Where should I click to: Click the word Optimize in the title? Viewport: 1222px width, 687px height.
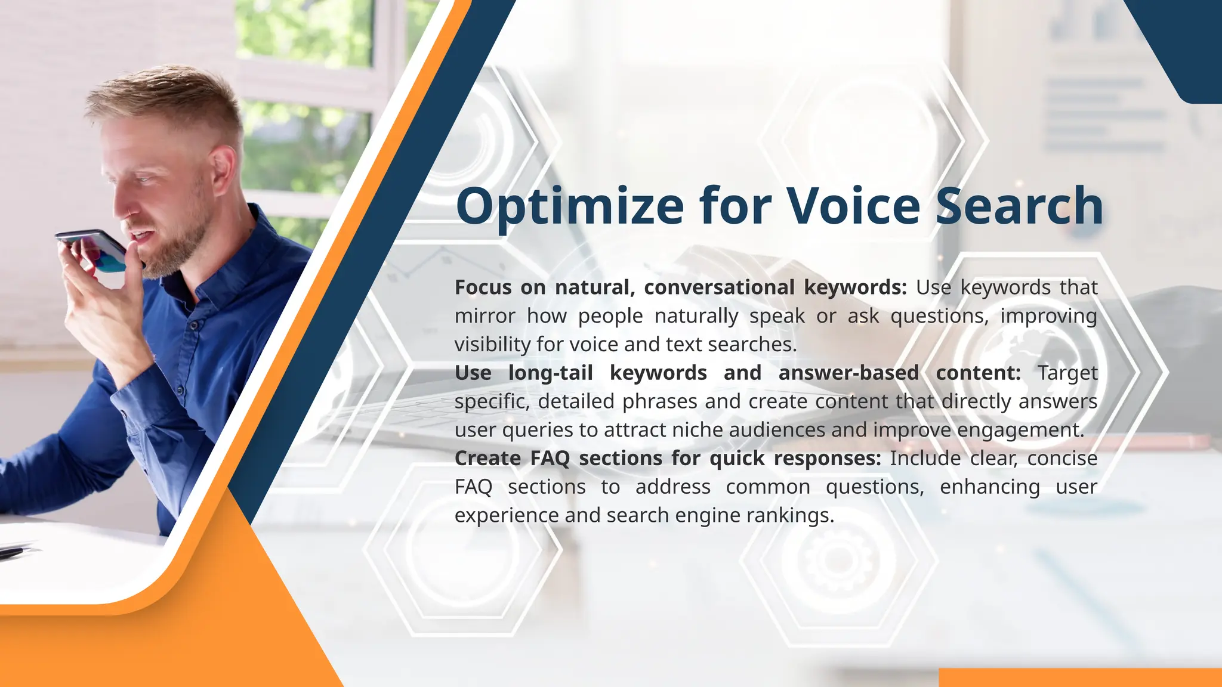[x=570, y=206]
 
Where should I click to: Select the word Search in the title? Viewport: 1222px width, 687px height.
[x=1019, y=206]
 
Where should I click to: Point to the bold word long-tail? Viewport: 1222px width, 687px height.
[x=550, y=373]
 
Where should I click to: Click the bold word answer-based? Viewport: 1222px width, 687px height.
[x=848, y=373]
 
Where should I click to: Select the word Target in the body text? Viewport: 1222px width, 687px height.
[x=1067, y=373]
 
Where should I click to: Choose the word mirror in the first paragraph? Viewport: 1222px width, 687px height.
[x=485, y=316]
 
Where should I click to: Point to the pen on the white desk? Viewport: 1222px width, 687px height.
[x=12, y=552]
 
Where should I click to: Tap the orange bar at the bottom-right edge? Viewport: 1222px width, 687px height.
[x=1080, y=677]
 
